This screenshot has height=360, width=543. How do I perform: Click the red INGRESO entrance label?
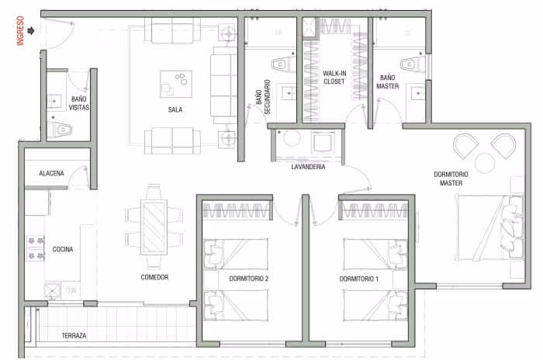(x=20, y=30)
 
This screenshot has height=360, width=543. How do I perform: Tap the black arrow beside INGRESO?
(x=31, y=31)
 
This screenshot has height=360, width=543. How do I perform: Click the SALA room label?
(x=175, y=109)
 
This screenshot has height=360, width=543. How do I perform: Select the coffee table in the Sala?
(x=176, y=85)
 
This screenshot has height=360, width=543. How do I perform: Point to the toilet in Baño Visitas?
(x=61, y=130)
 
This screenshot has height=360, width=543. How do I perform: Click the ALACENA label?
(x=52, y=173)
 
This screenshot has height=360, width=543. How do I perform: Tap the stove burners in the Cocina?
(x=36, y=248)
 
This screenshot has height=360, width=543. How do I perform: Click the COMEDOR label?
(x=154, y=277)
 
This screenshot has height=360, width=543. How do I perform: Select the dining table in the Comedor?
(x=154, y=227)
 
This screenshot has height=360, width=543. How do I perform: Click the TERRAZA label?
(x=74, y=335)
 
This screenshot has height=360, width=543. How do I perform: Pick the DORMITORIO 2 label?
(x=249, y=279)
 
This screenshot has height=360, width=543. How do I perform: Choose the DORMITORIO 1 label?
(x=358, y=279)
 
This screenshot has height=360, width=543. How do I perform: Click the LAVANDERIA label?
(x=308, y=167)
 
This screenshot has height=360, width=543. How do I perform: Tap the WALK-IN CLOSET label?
(x=334, y=78)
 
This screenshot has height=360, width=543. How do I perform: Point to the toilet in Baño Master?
(x=413, y=64)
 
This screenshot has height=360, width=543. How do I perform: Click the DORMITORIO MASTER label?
(x=451, y=178)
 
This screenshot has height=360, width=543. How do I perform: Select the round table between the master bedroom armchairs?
(x=485, y=163)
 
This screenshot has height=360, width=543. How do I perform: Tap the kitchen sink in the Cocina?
(x=52, y=291)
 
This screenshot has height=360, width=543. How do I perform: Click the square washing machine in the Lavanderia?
(x=323, y=142)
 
